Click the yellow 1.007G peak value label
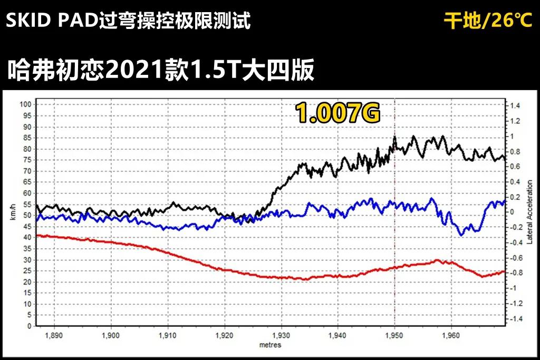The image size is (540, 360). coord(337,113)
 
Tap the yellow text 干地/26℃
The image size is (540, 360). coord(488,21)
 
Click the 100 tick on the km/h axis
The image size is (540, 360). coord(25,104)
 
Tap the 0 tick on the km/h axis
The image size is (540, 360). coord(30,326)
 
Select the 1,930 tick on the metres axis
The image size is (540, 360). coord(281,335)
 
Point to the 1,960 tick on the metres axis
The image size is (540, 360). coord(451,335)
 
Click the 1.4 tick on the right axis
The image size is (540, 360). coord(515,106)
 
